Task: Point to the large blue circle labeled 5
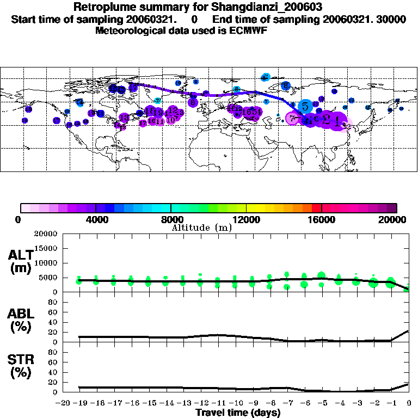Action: coord(305,107)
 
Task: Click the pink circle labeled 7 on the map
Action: coord(293,118)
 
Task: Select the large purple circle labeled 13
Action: coord(124,118)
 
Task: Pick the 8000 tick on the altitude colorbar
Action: coord(171,219)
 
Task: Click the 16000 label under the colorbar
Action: coord(322,219)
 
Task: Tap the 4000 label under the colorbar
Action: coord(96,219)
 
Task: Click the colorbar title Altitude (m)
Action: coord(201,227)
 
